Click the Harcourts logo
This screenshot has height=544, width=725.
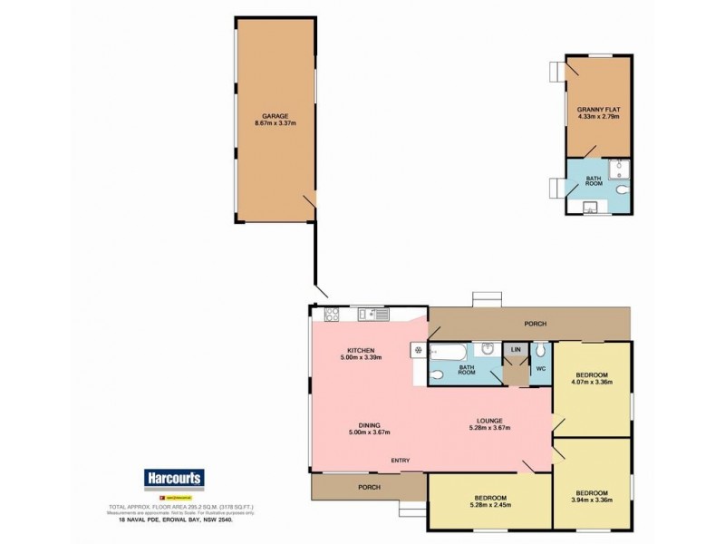(x=174, y=479)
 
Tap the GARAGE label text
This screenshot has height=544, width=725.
(x=275, y=117)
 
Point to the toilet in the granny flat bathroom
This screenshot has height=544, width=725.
(x=621, y=191)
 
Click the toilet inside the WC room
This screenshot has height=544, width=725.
(x=540, y=349)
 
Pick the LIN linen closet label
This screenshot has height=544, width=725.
(x=517, y=349)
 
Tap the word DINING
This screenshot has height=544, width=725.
(x=368, y=424)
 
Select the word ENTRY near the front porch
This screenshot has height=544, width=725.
(x=401, y=461)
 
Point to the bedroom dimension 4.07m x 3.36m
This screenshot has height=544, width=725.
(x=594, y=383)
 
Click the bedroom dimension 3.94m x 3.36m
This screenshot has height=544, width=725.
(x=594, y=498)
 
